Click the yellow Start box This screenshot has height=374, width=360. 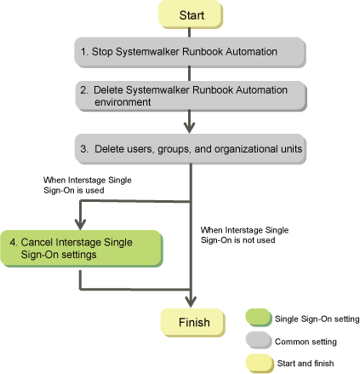point(191,14)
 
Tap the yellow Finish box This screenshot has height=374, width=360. point(192,323)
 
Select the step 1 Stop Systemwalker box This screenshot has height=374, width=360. point(190,52)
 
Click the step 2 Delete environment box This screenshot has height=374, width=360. point(191,96)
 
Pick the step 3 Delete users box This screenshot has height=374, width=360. point(191,149)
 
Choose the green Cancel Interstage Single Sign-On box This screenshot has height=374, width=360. point(82,249)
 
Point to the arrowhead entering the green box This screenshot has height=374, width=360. point(81,224)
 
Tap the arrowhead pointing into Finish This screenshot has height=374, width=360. point(191,302)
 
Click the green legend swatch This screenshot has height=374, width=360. point(259,318)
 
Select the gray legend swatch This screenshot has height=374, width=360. point(259,340)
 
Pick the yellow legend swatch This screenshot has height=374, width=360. point(260,363)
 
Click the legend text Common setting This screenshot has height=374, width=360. point(306,342)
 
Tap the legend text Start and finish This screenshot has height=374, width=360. point(306,363)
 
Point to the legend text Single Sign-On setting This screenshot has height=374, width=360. point(317,319)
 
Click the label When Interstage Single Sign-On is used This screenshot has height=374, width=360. point(88,185)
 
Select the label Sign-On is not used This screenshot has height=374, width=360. point(237,240)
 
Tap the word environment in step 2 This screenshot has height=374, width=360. point(123,102)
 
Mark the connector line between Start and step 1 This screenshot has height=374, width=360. point(189,32)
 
